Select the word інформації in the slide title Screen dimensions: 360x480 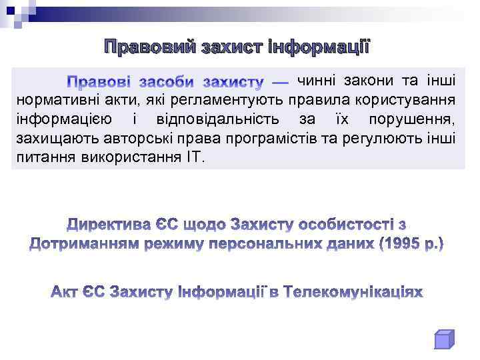pos(319,48)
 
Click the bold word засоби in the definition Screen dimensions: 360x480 pos(167,83)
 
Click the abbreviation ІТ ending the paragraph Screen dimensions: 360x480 pos(199,158)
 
